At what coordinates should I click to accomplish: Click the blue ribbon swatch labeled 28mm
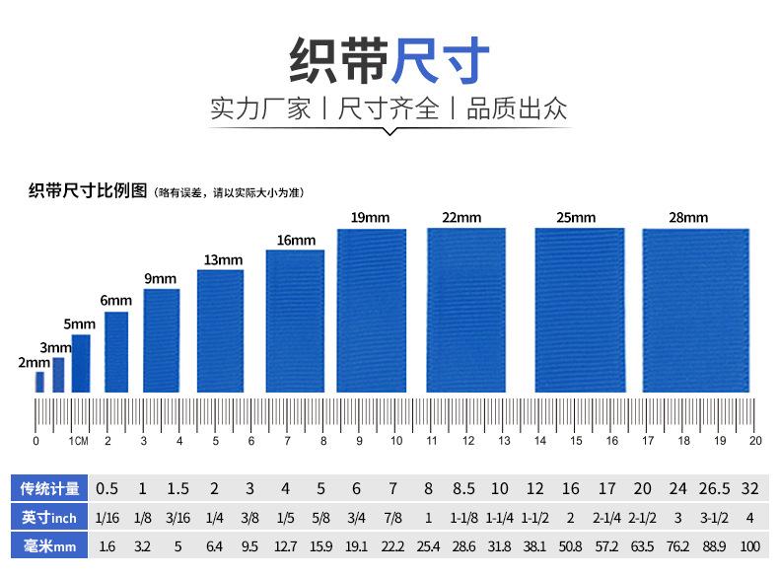695,310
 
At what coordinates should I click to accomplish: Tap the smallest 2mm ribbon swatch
40,382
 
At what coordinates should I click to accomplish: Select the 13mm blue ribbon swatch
220,330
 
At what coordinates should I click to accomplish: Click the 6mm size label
115,300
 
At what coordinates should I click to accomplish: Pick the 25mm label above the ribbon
576,217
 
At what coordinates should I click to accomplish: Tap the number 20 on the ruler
755,441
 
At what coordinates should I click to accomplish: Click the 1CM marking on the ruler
78,441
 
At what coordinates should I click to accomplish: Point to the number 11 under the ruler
432,441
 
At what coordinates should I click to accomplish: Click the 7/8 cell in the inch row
392,517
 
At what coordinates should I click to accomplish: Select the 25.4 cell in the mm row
428,544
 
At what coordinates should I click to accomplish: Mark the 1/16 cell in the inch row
106,517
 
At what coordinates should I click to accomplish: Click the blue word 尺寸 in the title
441,60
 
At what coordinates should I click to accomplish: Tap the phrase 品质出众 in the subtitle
517,108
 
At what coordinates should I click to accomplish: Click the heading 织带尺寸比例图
88,190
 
